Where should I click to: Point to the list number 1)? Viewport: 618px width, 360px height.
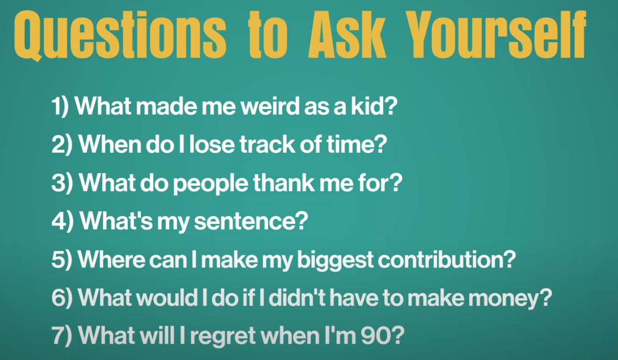[61, 107]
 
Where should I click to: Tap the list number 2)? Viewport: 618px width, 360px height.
[62, 145]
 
